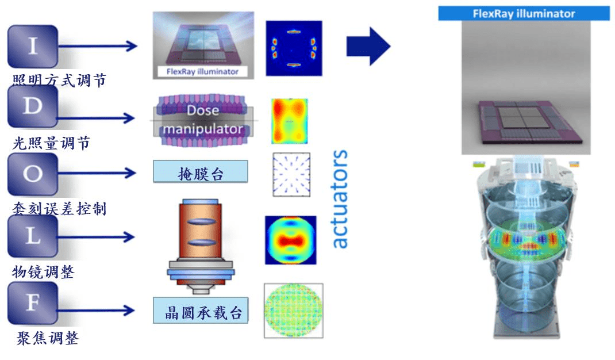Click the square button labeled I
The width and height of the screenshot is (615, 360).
pos(33,47)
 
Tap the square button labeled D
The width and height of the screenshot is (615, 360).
pos(33,107)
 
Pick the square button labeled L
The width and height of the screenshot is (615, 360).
pos(33,236)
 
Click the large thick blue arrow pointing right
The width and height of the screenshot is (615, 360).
pos(368,46)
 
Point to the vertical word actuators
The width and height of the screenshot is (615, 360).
pos(340,199)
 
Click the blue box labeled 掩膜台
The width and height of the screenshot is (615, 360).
pos(201,172)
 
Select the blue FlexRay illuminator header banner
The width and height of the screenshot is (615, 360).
pos(524,13)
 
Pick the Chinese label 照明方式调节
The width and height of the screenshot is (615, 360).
pos(59,81)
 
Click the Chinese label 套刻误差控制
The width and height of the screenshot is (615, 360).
pos(59,208)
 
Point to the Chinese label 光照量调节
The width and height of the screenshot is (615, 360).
pos(52,143)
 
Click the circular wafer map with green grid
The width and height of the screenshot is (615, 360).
pos(293,311)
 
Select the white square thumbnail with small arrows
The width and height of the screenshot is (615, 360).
pos(291,174)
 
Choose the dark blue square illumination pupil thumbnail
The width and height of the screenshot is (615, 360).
pos(293,48)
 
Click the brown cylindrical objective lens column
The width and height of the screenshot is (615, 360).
pos(200,236)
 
